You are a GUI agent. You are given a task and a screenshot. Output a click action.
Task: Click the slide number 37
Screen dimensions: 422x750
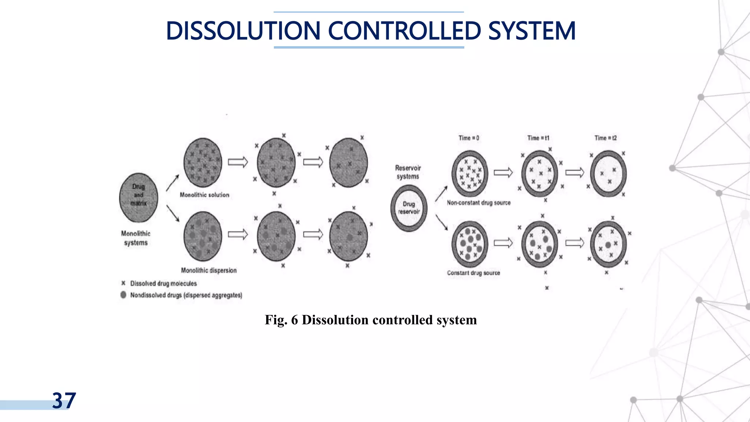[64, 400]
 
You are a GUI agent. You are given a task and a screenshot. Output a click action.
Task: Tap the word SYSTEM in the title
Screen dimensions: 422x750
[532, 31]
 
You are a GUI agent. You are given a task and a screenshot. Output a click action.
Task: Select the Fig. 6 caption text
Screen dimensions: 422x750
[371, 320]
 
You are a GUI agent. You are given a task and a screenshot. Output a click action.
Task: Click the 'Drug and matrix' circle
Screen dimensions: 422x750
[138, 197]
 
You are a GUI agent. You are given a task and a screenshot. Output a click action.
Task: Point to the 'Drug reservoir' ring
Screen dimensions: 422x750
[409, 208]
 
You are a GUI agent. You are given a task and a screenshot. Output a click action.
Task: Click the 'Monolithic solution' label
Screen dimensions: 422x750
[204, 195]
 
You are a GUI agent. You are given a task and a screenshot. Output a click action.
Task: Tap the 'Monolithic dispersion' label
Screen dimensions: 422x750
[209, 270]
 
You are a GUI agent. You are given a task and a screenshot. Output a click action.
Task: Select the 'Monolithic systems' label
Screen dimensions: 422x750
[135, 238]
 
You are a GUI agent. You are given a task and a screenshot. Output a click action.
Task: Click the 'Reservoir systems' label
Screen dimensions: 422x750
[408, 172]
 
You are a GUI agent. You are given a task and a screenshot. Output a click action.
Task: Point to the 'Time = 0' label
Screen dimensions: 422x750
[469, 138]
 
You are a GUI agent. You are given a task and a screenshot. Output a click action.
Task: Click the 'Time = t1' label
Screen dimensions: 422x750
[538, 138]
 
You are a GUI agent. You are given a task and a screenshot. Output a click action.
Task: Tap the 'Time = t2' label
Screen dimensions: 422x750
[605, 138]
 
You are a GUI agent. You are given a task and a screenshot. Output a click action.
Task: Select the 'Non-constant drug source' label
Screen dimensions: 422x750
[478, 203]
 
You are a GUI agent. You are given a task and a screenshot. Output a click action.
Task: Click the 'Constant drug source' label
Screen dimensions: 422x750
[473, 273]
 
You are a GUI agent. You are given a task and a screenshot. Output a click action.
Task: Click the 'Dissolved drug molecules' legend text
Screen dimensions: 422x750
[163, 284]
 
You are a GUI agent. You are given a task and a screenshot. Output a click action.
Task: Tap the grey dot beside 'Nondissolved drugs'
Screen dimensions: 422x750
[123, 295]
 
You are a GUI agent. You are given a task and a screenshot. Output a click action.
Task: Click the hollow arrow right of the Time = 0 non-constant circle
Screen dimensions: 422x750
[503, 172]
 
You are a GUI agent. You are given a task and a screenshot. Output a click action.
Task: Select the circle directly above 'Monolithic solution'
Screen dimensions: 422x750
[203, 162]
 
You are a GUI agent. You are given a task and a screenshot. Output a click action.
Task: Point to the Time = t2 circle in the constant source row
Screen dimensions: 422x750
[608, 244]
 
